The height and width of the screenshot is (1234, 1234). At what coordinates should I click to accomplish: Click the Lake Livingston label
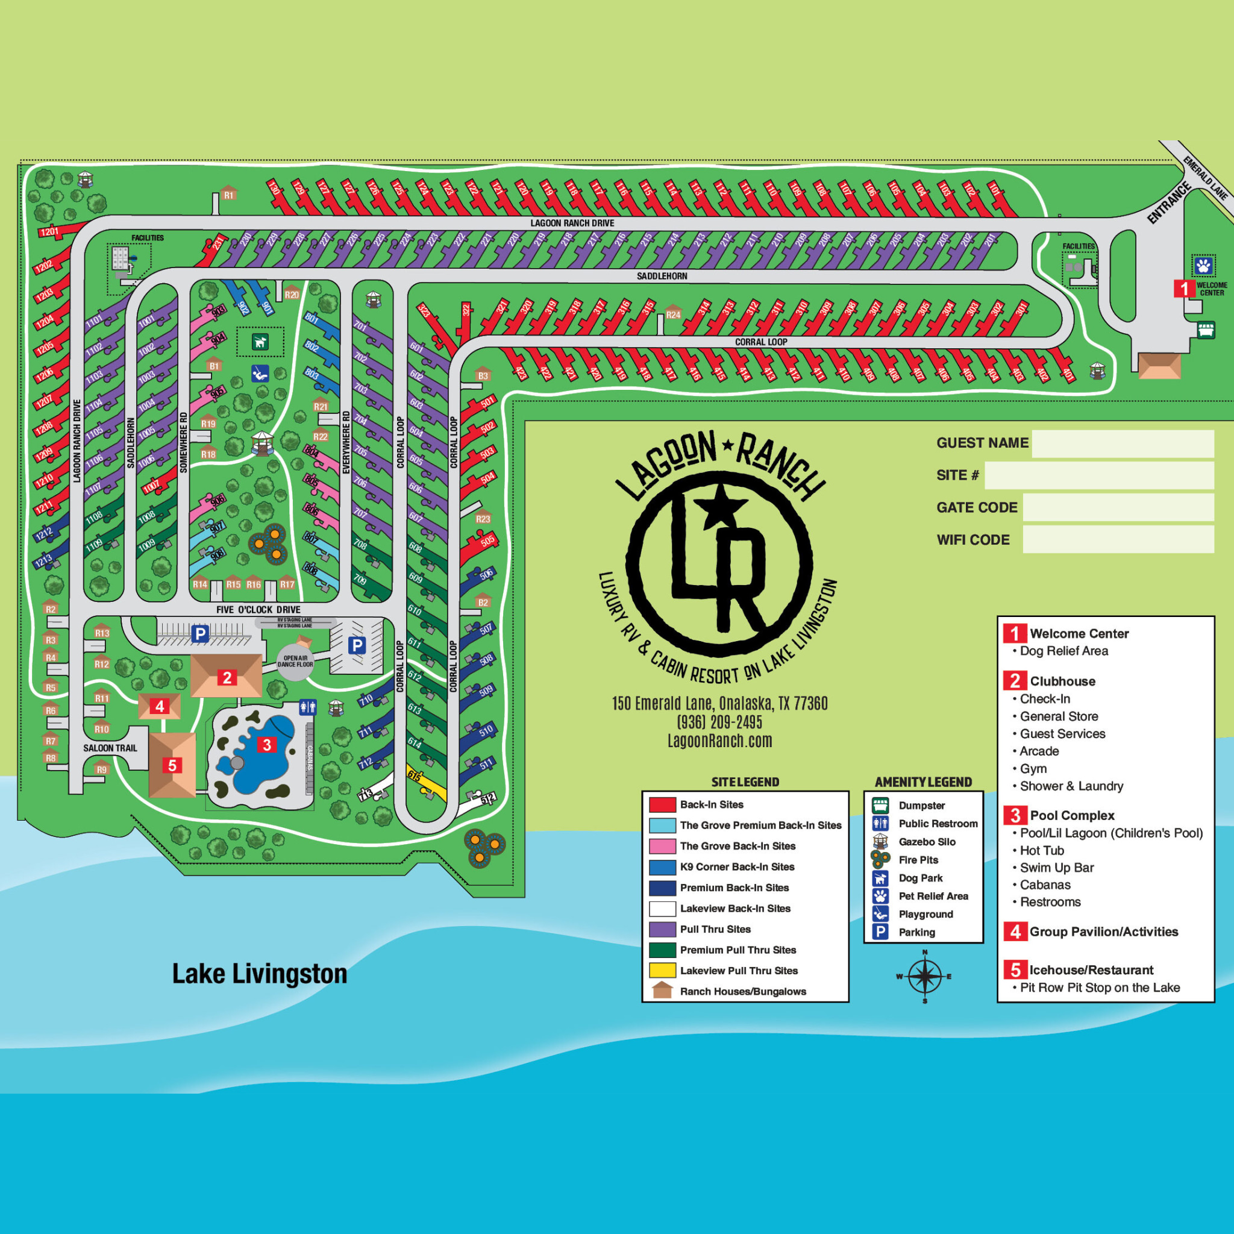click(x=259, y=974)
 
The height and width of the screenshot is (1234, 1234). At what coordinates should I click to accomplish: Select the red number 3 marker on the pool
click(x=267, y=745)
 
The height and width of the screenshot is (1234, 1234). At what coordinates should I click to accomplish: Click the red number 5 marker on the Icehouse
click(x=172, y=765)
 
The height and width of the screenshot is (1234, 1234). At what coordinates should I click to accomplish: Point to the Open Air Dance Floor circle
click(x=295, y=662)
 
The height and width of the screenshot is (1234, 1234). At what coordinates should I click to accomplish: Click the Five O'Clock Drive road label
click(x=258, y=609)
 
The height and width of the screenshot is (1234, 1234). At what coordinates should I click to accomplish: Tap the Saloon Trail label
click(x=110, y=748)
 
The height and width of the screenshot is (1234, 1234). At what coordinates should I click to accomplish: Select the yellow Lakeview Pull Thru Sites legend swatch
click(x=662, y=970)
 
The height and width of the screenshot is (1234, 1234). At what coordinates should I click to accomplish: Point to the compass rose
click(x=924, y=976)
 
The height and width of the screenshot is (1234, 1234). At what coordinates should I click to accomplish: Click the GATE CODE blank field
click(x=1118, y=507)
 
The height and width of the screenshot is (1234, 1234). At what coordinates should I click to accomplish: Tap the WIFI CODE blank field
click(x=1118, y=540)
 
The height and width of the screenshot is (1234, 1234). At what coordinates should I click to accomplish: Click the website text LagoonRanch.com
click(x=720, y=741)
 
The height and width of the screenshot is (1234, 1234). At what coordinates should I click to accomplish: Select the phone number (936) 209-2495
click(x=720, y=722)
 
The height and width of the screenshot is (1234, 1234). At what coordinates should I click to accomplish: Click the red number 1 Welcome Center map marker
click(x=1183, y=288)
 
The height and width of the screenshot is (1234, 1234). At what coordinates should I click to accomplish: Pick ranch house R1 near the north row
click(x=228, y=194)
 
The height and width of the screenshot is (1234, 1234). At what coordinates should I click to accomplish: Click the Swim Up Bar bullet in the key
click(x=1056, y=868)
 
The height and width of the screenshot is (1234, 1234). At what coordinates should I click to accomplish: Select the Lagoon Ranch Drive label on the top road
click(x=572, y=223)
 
